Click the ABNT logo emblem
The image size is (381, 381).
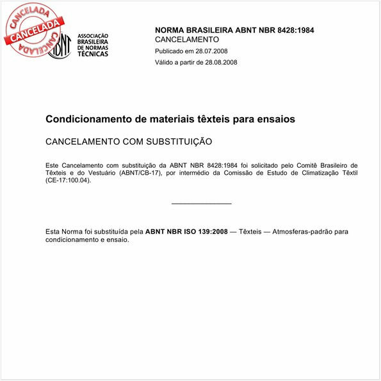[x=59, y=45]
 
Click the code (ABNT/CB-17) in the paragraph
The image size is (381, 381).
[x=140, y=173]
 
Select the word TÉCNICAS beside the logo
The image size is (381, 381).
[x=93, y=54]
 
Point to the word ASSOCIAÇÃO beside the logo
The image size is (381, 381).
[x=93, y=36]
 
